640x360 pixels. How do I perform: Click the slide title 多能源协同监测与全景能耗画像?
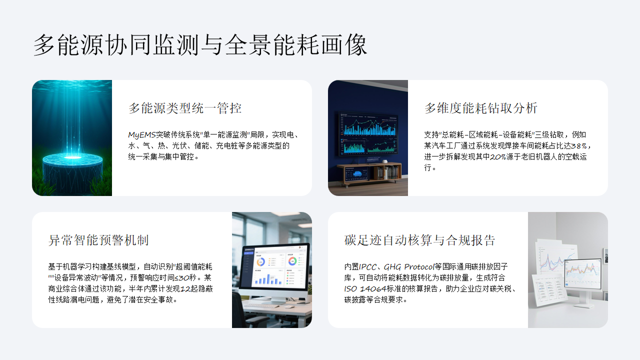(x=200, y=44)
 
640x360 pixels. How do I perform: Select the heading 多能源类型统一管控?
(x=185, y=107)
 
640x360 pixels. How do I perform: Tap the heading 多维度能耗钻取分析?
(x=480, y=107)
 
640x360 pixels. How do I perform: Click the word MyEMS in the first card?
(x=141, y=133)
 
